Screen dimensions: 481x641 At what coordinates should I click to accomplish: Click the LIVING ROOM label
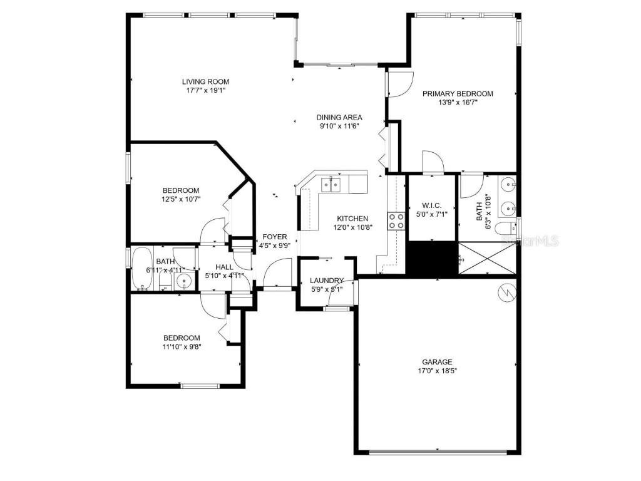click(205, 81)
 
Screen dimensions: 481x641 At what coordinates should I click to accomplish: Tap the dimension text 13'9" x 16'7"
click(458, 103)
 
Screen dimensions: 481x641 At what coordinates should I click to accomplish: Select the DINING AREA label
click(339, 117)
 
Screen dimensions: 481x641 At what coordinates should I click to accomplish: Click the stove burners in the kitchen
click(396, 220)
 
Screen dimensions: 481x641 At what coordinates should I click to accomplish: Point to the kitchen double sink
click(331, 184)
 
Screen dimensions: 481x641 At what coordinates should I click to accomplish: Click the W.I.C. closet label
click(432, 205)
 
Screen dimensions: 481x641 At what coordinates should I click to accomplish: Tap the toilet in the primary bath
click(505, 229)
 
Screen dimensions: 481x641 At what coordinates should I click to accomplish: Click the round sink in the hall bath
click(183, 280)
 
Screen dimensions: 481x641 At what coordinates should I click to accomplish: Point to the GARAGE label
click(437, 362)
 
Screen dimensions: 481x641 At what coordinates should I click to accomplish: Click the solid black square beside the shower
click(432, 258)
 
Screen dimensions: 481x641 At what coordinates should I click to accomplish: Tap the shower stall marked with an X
click(488, 258)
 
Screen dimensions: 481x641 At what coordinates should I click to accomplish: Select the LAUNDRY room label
click(327, 281)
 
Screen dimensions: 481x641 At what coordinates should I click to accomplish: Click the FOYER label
click(274, 237)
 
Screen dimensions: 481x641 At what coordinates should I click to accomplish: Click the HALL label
click(224, 267)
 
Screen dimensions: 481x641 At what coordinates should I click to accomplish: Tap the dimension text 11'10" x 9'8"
click(182, 346)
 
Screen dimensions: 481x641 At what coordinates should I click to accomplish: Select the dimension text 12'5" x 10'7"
click(181, 200)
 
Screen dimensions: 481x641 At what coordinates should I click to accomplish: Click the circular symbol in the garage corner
click(505, 292)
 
